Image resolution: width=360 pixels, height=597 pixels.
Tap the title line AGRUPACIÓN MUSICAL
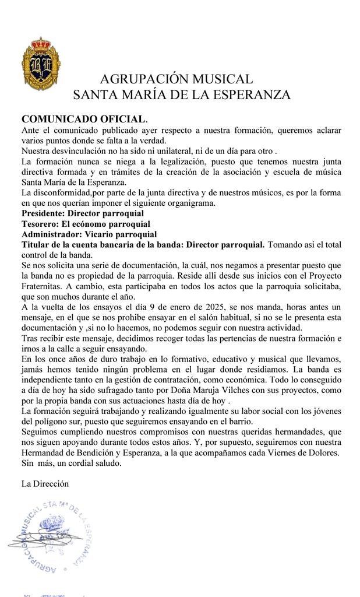177,79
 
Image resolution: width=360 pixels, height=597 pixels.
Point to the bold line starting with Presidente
82,213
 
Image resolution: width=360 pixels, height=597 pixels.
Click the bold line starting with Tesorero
85,224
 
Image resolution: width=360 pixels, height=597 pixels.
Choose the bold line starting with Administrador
89,234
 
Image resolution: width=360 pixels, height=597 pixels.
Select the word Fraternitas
45,286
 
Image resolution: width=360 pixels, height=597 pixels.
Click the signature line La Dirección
45,483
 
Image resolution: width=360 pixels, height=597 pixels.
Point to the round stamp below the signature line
52,536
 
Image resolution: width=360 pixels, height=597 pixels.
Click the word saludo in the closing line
108,464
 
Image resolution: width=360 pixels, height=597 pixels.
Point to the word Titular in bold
37,245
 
